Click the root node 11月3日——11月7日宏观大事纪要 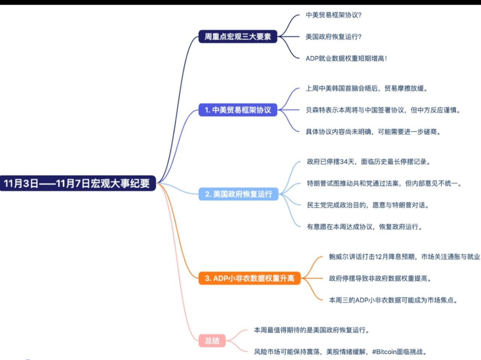pyautogui.click(x=77, y=183)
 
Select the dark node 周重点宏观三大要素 pyautogui.click(x=237, y=37)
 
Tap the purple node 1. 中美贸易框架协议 pyautogui.click(x=237, y=110)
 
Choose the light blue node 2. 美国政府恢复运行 pyautogui.click(x=238, y=194)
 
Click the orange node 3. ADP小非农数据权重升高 pyautogui.click(x=250, y=278)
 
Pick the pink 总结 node pyautogui.click(x=212, y=341)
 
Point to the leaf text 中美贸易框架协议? pyautogui.click(x=334, y=15)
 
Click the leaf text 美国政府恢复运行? pyautogui.click(x=334, y=37)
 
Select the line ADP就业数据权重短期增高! pyautogui.click(x=346, y=58)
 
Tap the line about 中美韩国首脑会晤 pyautogui.click(x=366, y=89)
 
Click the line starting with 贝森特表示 pyautogui.click(x=383, y=110)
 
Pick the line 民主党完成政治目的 pyautogui.click(x=368, y=205)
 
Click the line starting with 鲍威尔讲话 pyautogui.click(x=404, y=257)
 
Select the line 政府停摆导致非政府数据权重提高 pyautogui.click(x=380, y=279)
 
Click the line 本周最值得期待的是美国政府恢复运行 pyautogui.click(x=312, y=330)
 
